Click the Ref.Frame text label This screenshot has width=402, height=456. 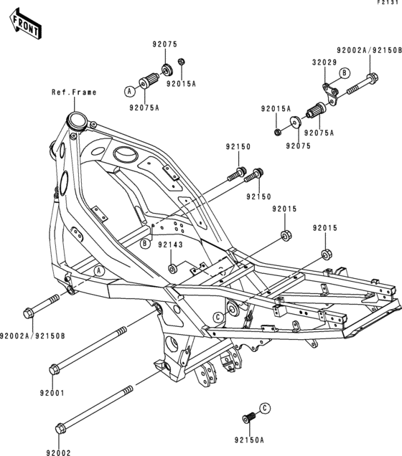pyautogui.click(x=73, y=92)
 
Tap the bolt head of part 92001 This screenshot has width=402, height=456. pyautogui.click(x=54, y=370)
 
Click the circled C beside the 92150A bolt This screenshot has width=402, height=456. pyautogui.click(x=265, y=408)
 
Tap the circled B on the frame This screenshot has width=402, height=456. pyautogui.click(x=145, y=244)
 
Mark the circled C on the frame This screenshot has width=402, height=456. pyautogui.click(x=217, y=316)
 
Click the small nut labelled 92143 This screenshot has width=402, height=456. pyautogui.click(x=172, y=268)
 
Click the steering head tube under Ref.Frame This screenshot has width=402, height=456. pyautogui.click(x=75, y=120)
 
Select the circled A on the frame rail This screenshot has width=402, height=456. pyautogui.click(x=100, y=270)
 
